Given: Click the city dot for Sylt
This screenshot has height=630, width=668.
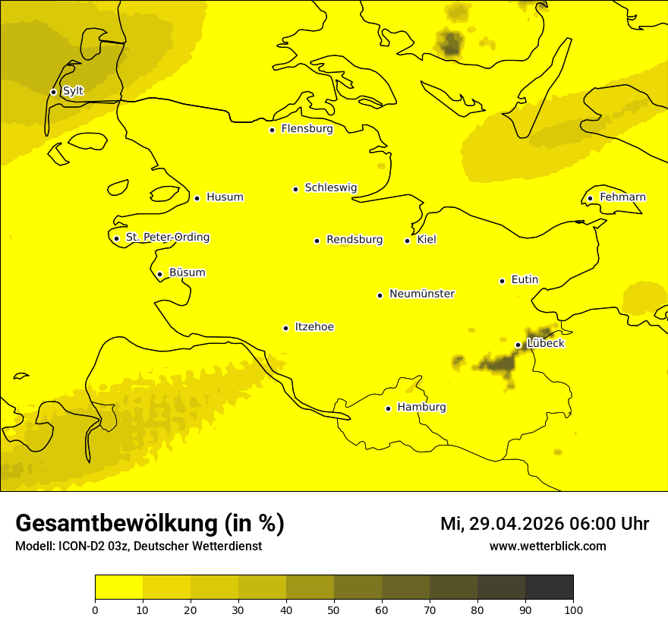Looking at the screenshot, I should (53, 92).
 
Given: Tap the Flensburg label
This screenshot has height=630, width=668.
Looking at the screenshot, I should (307, 129).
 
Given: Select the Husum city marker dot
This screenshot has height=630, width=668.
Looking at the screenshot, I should (197, 198).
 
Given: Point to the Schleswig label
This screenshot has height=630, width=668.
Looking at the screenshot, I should (330, 187).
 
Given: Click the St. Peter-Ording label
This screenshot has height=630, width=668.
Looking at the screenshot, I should (167, 238).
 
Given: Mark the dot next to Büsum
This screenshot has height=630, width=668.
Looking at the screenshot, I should (159, 274).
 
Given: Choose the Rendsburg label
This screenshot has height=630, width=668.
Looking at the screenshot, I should (354, 240).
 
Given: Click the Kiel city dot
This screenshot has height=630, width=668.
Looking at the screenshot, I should (407, 241).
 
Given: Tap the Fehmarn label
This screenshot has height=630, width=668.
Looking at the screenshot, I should (622, 197).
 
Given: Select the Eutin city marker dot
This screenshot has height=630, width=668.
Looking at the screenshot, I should (502, 281).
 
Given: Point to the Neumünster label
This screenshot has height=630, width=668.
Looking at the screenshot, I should (422, 294).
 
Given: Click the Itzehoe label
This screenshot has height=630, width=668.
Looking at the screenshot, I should (314, 327).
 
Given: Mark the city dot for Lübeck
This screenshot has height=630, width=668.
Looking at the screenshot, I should (518, 345).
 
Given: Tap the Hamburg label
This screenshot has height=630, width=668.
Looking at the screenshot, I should (421, 408).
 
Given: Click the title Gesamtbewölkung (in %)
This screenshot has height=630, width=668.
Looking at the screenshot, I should (150, 524).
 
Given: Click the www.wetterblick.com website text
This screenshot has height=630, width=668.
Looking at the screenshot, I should (547, 547).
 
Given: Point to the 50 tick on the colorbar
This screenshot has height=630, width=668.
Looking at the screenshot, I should (334, 610).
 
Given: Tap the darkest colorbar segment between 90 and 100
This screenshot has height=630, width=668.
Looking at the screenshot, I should (549, 587).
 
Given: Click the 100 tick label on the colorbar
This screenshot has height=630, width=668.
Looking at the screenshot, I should (573, 610).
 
